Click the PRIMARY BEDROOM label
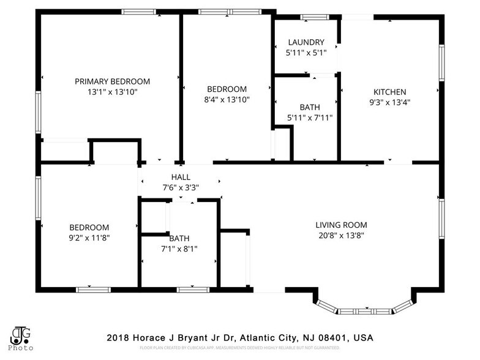click(x=112, y=81)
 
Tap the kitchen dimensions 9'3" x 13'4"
click(x=389, y=102)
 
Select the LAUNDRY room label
click(x=306, y=42)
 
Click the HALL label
click(x=181, y=177)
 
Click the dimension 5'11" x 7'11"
click(x=309, y=118)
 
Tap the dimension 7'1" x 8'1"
click(x=179, y=249)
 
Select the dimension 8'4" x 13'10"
click(x=227, y=99)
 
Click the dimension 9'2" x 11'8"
click(x=89, y=238)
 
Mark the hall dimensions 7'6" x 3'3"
click(x=181, y=187)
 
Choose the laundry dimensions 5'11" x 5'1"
click(x=306, y=53)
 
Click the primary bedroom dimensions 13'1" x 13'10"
click(x=112, y=92)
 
